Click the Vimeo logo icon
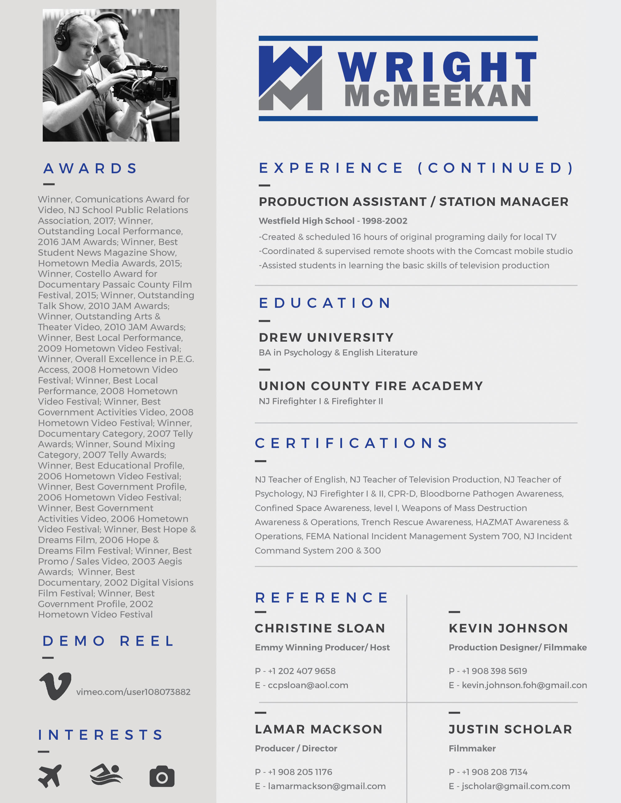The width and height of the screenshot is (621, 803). tap(55, 686)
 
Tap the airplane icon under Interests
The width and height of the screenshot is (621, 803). tap(50, 776)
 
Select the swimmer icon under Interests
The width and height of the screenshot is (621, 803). tap(106, 774)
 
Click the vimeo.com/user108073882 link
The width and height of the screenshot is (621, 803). tap(133, 692)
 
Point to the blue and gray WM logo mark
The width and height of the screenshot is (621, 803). tap(290, 78)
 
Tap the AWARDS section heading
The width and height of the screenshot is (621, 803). tap(90, 168)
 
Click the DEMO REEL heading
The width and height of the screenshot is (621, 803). tap(108, 641)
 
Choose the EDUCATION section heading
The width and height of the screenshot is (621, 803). tap(325, 303)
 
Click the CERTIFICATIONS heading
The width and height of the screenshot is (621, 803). tap(351, 443)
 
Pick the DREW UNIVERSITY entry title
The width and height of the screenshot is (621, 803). tap(326, 337)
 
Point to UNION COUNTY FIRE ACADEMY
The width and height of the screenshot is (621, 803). tap(370, 386)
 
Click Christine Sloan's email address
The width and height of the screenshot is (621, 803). tap(308, 685)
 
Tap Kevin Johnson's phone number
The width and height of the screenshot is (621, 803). tap(494, 671)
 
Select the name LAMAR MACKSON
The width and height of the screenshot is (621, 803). tap(319, 729)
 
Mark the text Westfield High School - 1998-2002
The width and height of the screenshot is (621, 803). tap(333, 221)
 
